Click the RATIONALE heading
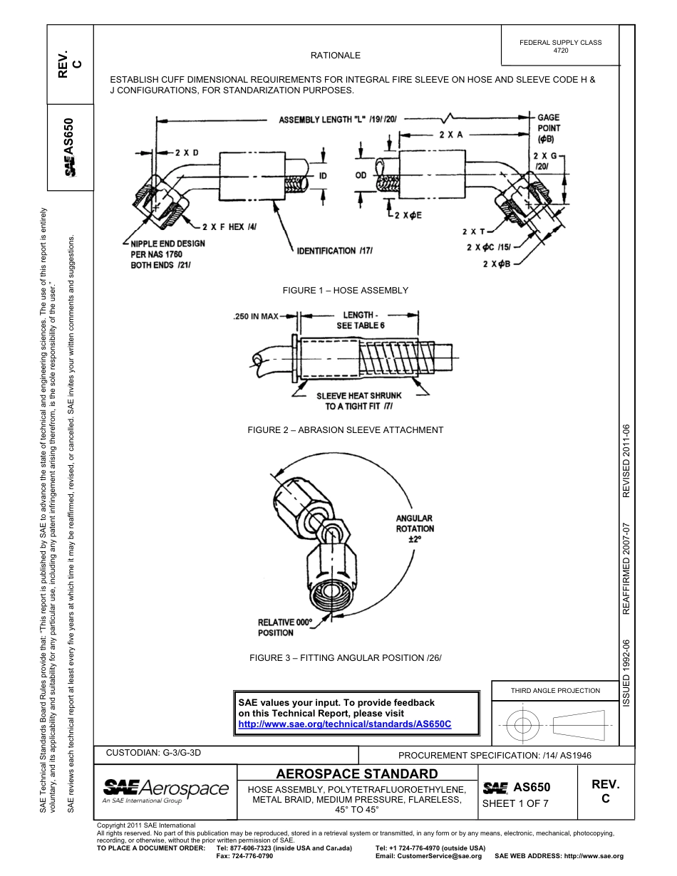coord(335,55)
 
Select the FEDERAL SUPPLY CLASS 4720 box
coord(560,46)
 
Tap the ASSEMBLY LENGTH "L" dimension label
coord(338,120)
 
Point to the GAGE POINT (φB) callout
coord(549,127)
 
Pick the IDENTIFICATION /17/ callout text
coord(335,251)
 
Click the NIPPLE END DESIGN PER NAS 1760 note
coord(167,254)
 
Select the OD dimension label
coord(361,174)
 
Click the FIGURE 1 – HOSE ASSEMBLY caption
coord(345,290)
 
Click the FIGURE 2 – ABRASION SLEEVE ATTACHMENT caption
coord(345,429)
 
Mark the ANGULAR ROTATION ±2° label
coord(414,528)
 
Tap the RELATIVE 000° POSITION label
coord(284,627)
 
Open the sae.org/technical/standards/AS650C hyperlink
coord(345,724)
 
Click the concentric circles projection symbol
coord(522,726)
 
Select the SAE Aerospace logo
coord(165,789)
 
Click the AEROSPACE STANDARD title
coord(356,773)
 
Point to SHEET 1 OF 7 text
coord(515,804)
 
